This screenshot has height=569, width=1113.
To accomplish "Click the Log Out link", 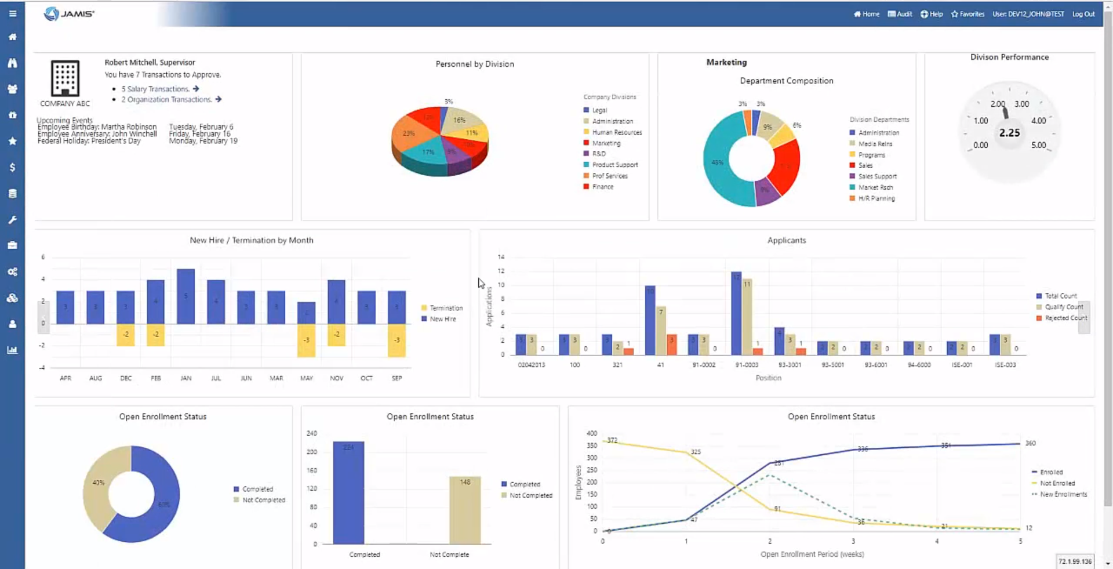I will [1083, 14].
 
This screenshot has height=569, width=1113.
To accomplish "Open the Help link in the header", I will [932, 14].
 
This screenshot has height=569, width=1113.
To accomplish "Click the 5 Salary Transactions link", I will [155, 89].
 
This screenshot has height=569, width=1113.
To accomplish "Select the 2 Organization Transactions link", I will [166, 100].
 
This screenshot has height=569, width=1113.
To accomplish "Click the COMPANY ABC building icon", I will [65, 78].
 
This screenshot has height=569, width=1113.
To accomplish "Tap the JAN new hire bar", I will [185, 296].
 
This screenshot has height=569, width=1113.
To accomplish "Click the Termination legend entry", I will [446, 308].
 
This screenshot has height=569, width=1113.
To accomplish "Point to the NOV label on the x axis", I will [336, 378].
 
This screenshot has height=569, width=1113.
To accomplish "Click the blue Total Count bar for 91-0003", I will [736, 313].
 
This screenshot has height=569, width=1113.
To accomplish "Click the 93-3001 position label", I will [790, 365].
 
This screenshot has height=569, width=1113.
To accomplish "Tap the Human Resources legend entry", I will [617, 132].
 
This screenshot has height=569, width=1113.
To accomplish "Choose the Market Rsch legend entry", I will [875, 187].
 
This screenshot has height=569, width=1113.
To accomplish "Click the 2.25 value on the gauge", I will [1009, 133].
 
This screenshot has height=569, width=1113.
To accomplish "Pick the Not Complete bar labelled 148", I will [465, 510].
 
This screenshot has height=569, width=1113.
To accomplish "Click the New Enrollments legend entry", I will [1063, 494].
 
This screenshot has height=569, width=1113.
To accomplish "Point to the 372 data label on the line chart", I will [612, 440].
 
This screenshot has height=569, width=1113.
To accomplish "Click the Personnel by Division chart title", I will [475, 64].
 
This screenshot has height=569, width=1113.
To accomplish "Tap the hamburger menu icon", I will [12, 13].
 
